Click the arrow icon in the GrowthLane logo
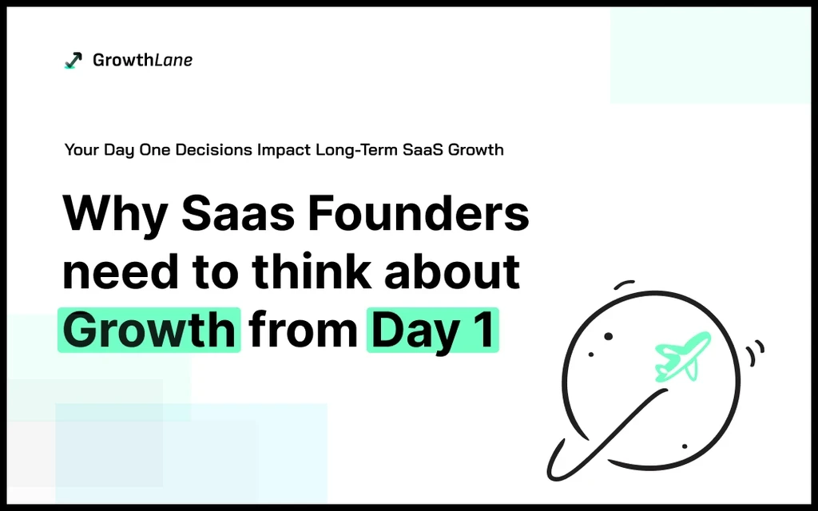click(73, 60)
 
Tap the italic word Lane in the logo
click(173, 60)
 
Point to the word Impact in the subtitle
click(284, 149)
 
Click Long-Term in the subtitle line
click(357, 149)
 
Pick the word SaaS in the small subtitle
click(423, 149)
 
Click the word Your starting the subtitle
click(82, 149)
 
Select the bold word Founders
click(418, 212)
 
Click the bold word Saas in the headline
click(238, 213)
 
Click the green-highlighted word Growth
click(149, 330)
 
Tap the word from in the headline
click(303, 330)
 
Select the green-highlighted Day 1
click(432, 330)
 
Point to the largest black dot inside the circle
click(608, 336)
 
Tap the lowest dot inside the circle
click(685, 446)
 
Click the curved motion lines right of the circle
click(756, 352)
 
